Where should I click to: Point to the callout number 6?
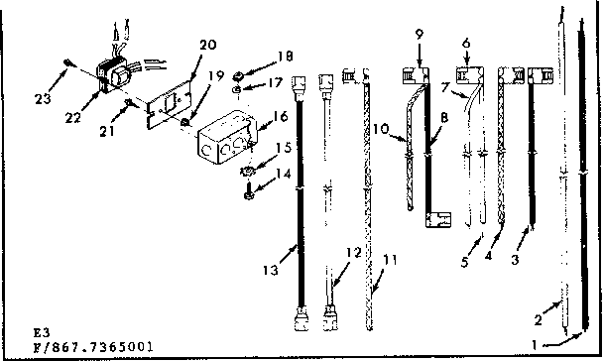[465, 34]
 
